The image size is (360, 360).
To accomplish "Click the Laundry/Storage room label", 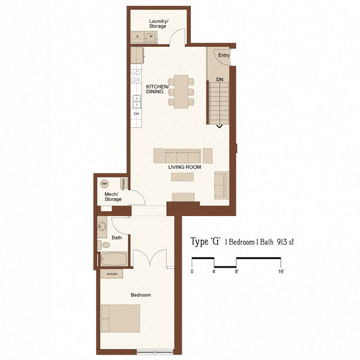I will click(x=159, y=23).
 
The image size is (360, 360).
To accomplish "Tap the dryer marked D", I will click(x=139, y=37).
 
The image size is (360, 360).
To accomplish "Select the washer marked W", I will click(x=151, y=37).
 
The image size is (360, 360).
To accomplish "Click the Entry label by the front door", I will click(x=224, y=56).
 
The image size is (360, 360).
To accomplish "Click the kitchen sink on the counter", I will click(x=137, y=100).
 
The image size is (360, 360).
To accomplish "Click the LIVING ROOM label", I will click(x=184, y=167).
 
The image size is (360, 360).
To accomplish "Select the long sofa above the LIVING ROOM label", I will click(x=182, y=155).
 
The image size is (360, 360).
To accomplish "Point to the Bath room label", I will click(x=116, y=238).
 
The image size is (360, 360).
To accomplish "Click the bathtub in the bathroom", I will click(x=114, y=260).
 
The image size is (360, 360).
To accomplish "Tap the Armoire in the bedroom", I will click(x=112, y=274).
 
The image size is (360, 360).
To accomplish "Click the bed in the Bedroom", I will click(x=121, y=318).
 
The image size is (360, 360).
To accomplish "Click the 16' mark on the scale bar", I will click(x=281, y=272).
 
